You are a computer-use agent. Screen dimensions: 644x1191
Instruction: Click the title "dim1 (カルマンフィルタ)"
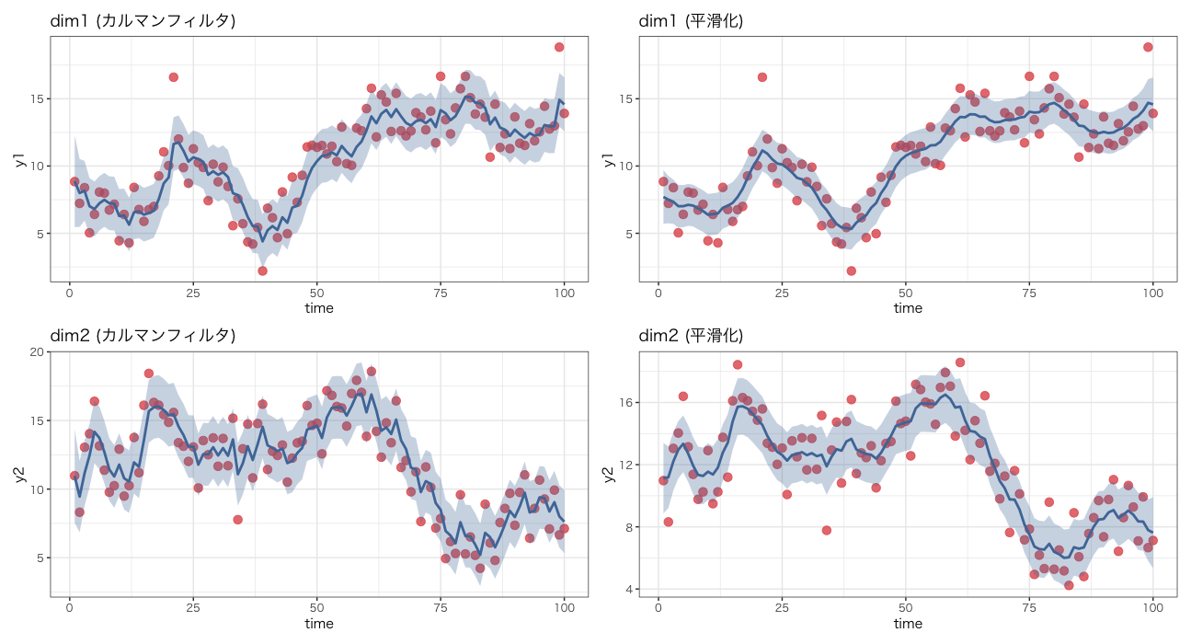143,20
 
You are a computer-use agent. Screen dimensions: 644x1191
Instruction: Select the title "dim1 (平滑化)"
691,20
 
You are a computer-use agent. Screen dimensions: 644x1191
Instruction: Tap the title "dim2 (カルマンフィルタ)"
143,336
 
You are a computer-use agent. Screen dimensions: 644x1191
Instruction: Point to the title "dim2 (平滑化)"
691,336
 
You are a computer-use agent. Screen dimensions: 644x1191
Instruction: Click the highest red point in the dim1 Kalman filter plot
559,47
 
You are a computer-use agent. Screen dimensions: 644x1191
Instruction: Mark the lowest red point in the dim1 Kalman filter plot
262,270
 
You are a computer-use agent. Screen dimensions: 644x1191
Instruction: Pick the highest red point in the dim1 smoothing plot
1148,47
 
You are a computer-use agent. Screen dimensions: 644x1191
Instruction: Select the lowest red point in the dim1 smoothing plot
851,270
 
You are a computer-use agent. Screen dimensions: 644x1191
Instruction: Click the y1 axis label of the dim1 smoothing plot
607,160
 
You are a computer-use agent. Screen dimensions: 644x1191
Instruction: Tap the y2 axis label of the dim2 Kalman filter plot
18,474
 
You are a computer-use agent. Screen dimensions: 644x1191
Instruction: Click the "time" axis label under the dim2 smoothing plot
908,624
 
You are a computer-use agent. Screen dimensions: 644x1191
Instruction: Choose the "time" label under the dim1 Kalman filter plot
319,308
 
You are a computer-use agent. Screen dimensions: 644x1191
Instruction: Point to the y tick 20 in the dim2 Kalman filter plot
38,352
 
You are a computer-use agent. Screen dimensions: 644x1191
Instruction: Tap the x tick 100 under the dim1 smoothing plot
1152,292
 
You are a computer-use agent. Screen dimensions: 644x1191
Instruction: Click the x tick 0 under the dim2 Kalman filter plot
69,607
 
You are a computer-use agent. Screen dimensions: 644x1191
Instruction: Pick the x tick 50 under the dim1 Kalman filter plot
316,292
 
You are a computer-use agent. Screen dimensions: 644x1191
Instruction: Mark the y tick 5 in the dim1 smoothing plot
632,234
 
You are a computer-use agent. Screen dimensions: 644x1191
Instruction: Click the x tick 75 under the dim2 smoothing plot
1029,607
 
